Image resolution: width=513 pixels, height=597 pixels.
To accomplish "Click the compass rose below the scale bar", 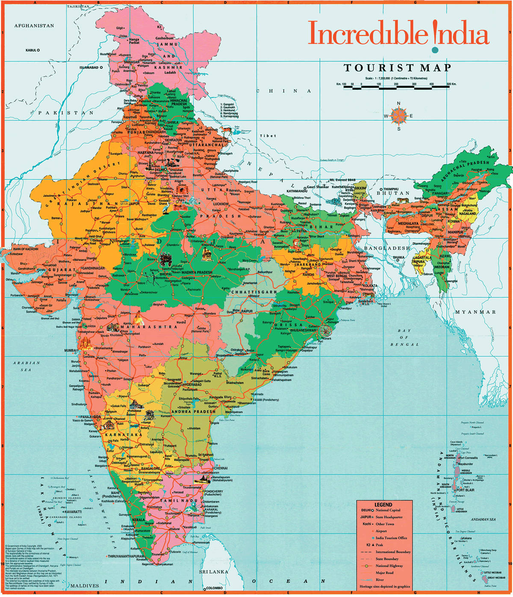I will pos(398,116).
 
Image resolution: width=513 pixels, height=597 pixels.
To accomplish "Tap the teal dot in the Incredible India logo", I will pos(435,50).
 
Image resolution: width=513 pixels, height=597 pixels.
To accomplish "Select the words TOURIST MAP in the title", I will pos(398,68).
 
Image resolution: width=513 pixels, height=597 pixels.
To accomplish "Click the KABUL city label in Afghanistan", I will pos(31,50).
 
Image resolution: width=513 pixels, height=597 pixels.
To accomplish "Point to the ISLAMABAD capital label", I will pos(88,68).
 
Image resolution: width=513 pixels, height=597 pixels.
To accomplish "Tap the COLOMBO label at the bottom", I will pos(213,588).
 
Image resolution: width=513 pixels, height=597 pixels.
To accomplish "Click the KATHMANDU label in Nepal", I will pos(297,191).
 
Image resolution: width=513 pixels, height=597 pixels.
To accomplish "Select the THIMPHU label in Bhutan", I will pos(390,189).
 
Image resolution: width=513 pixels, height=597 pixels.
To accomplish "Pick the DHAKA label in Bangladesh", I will pos(398,257).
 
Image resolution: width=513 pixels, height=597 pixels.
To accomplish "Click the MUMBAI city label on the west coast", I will pos(70,350).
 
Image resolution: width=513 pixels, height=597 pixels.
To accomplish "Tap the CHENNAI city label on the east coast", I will pos(221,468).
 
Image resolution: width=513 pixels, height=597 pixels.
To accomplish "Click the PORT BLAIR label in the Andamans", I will pos(465,490).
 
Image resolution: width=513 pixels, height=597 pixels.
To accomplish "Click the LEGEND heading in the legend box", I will pos(383,505).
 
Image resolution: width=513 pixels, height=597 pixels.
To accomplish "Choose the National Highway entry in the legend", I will pos(389,566).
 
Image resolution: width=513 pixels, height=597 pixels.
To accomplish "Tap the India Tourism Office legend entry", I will pos(391,538).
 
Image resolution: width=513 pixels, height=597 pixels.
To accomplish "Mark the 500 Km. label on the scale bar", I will pos(451,84).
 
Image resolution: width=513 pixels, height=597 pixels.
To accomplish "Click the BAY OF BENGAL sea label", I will pos(404,337).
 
